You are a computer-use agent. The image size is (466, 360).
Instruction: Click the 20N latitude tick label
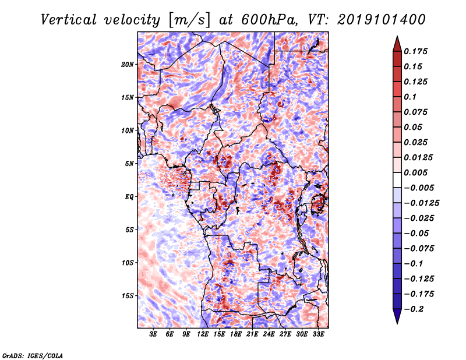127,65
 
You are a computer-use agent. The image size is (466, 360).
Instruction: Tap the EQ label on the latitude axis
129,197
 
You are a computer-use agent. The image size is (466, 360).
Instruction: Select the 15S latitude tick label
127,296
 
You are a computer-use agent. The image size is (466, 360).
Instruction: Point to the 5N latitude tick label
129,164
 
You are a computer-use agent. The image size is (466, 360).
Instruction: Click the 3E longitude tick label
153,334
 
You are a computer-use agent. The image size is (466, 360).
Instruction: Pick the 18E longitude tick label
235,334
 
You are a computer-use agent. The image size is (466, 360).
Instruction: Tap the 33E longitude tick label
318,334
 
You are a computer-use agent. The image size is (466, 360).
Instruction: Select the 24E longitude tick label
269,334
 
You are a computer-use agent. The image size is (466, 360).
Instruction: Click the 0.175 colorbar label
415,51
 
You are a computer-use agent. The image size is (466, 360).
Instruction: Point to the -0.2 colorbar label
414,309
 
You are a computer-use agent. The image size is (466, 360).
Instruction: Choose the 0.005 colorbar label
415,172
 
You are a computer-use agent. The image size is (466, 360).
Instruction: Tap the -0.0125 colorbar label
421,203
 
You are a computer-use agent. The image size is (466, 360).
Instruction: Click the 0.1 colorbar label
410,97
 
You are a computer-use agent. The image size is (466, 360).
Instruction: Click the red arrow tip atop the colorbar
397,36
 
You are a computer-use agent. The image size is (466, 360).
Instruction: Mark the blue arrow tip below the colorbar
397,323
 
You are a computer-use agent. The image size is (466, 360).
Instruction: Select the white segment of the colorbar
397,180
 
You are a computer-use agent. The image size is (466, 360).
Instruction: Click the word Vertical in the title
69,20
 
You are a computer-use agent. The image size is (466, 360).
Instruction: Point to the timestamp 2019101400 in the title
382,20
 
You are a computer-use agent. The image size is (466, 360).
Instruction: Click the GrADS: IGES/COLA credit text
33,355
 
